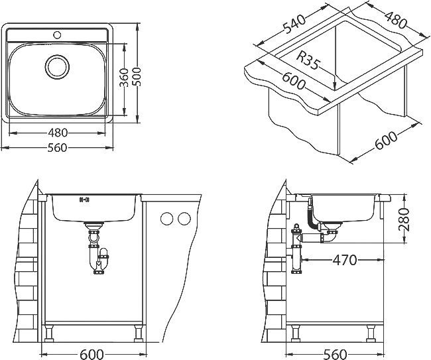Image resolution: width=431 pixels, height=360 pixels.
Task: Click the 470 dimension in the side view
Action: pos(343,260)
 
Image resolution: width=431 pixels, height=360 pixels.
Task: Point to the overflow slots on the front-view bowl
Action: pos(84,200)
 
